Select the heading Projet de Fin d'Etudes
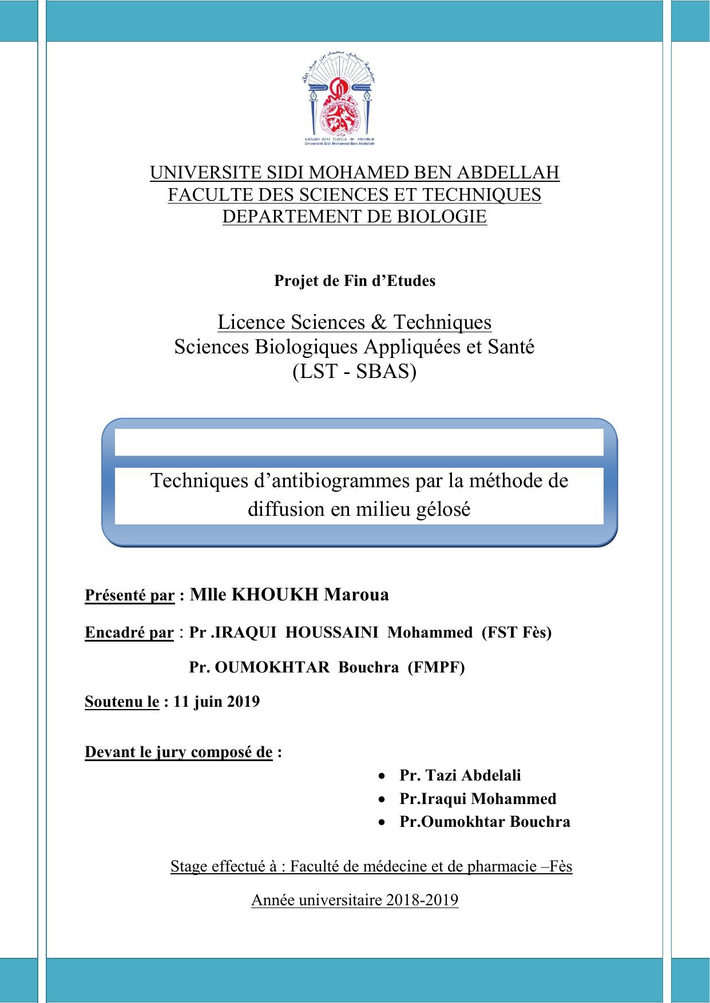[355, 281]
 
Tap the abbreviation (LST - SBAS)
[354, 372]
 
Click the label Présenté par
[129, 595]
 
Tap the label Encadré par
[129, 632]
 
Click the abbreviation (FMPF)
[436, 667]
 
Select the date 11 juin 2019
[216, 702]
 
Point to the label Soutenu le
[121, 702]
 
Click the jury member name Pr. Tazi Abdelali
[460, 775]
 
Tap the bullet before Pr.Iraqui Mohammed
[382, 799]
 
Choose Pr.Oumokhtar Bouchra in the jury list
[485, 822]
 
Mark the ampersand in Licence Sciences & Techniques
[378, 323]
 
